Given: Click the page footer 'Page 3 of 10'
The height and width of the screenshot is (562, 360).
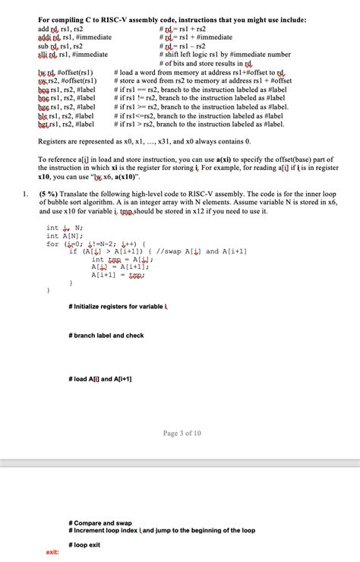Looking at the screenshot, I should [182, 434].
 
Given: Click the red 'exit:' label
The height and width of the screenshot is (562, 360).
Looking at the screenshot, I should [53, 552].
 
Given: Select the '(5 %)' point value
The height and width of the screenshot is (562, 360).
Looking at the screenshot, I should [49, 194].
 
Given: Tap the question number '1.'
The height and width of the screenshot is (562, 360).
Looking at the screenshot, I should [27, 194].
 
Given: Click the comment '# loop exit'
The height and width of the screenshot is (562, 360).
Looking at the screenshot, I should [84, 545].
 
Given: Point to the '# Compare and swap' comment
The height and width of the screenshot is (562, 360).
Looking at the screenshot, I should [101, 523].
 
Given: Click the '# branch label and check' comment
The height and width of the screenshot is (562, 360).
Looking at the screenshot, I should [106, 335].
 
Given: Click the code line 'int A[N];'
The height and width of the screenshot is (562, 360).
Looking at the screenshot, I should [64, 235].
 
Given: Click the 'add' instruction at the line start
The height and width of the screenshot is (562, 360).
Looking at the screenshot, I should [44, 28].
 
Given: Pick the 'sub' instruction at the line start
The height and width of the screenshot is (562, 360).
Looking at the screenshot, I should [44, 46].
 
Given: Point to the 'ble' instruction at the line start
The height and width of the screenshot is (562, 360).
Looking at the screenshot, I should [44, 115].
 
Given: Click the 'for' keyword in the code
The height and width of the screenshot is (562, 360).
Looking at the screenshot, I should [52, 244].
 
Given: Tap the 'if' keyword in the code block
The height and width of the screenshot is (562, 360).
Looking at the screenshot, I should [73, 251].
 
